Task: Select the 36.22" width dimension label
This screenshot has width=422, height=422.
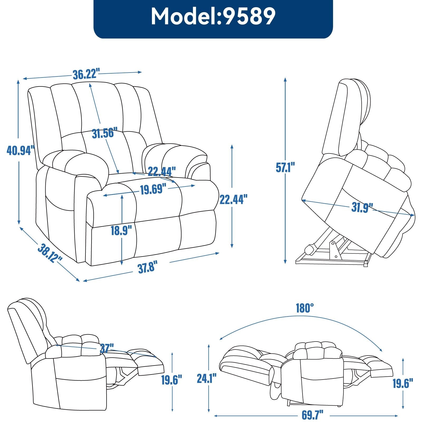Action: [x=86, y=74]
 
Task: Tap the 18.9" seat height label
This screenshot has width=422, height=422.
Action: [x=121, y=231]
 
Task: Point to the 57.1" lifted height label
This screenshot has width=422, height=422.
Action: [x=285, y=167]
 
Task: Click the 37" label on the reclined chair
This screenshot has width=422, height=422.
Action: [x=107, y=348]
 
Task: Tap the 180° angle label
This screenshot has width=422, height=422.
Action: [x=305, y=308]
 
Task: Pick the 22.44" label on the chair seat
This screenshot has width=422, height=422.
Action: [x=161, y=172]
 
